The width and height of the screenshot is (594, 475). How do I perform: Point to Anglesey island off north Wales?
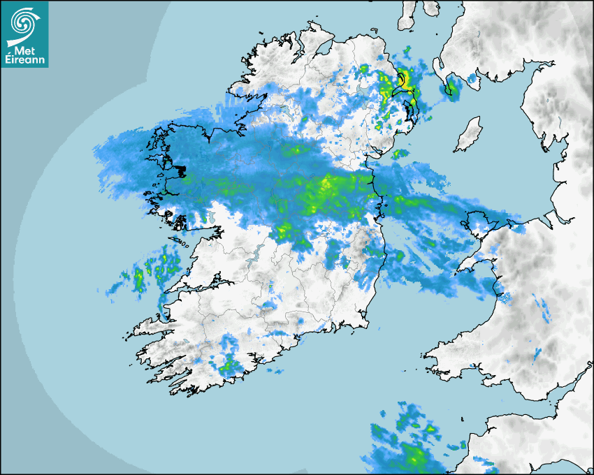click(481, 221)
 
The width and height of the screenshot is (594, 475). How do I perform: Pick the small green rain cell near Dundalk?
click(399, 153)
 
